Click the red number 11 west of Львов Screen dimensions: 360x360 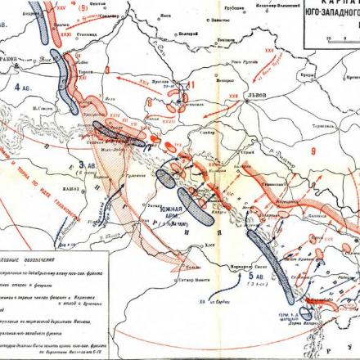tap(191, 85)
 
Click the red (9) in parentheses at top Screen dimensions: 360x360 tap(83, 7)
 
